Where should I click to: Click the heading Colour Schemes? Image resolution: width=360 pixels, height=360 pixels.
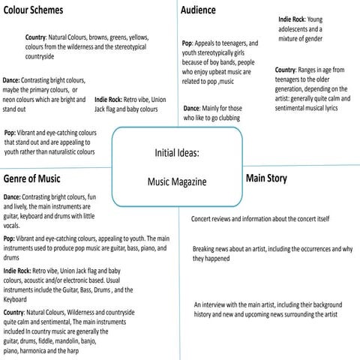pyautogui.click(x=33, y=10)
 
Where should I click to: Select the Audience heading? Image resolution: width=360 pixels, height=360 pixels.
pyautogui.click(x=199, y=10)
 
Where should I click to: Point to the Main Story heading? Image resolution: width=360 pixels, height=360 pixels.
pyautogui.click(x=265, y=178)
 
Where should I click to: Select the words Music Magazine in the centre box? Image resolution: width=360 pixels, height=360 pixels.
pyautogui.click(x=177, y=182)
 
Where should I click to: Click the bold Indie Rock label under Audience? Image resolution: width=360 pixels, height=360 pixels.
pyautogui.click(x=292, y=18)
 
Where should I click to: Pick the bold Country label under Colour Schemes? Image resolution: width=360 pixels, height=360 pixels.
pyautogui.click(x=35, y=37)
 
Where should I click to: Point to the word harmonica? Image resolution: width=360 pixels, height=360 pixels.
pyautogui.click(x=40, y=350)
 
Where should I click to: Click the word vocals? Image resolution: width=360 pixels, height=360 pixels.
pyautogui.click(x=12, y=225)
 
